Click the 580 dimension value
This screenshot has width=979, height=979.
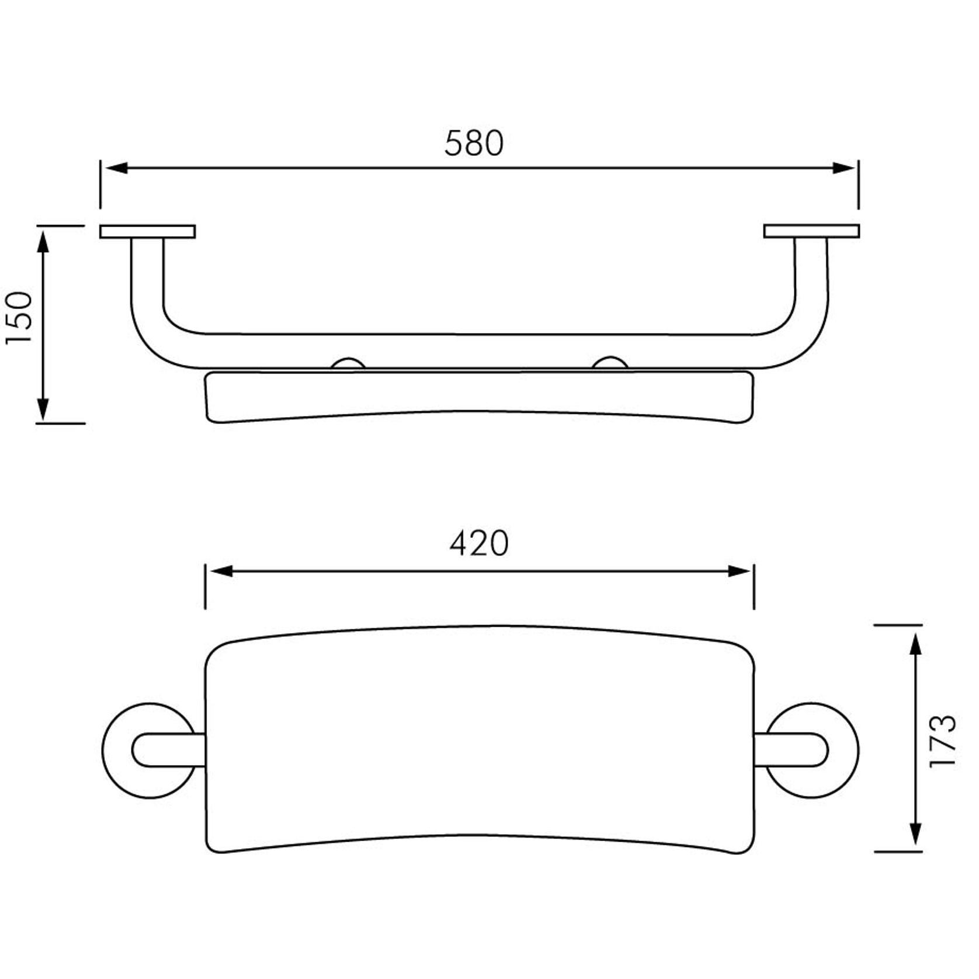click(473, 143)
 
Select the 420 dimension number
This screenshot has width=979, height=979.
click(479, 543)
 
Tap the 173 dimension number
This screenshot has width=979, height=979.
click(942, 740)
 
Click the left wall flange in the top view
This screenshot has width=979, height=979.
click(147, 231)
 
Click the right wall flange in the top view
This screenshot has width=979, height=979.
click(811, 231)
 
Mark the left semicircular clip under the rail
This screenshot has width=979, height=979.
click(348, 364)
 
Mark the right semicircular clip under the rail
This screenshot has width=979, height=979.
click(610, 363)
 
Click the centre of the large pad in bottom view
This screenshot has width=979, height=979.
click(479, 739)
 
